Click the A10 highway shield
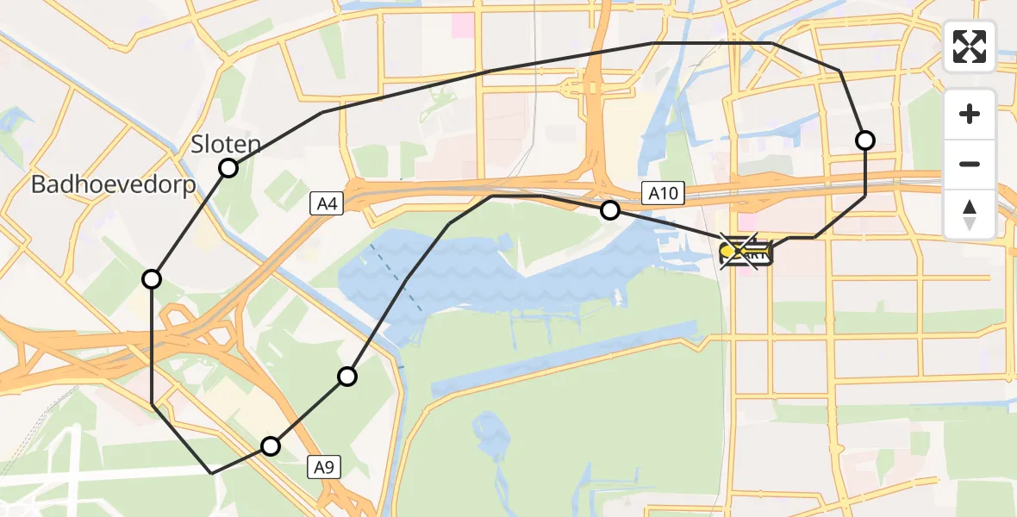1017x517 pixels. [663, 194]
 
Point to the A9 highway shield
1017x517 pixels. [322, 468]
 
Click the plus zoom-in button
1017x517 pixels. [970, 114]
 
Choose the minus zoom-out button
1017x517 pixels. [970, 164]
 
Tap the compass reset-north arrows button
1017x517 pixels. [970, 215]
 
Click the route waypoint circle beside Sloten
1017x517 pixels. [228, 168]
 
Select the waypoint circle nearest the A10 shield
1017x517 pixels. [609, 209]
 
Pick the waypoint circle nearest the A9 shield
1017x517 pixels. [271, 445]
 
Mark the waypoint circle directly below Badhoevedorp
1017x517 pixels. [152, 278]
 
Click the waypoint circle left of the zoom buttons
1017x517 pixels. [864, 140]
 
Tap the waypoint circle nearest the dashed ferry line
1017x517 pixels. [346, 376]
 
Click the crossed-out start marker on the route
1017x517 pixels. [739, 252]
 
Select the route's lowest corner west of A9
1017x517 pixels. [212, 473]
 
